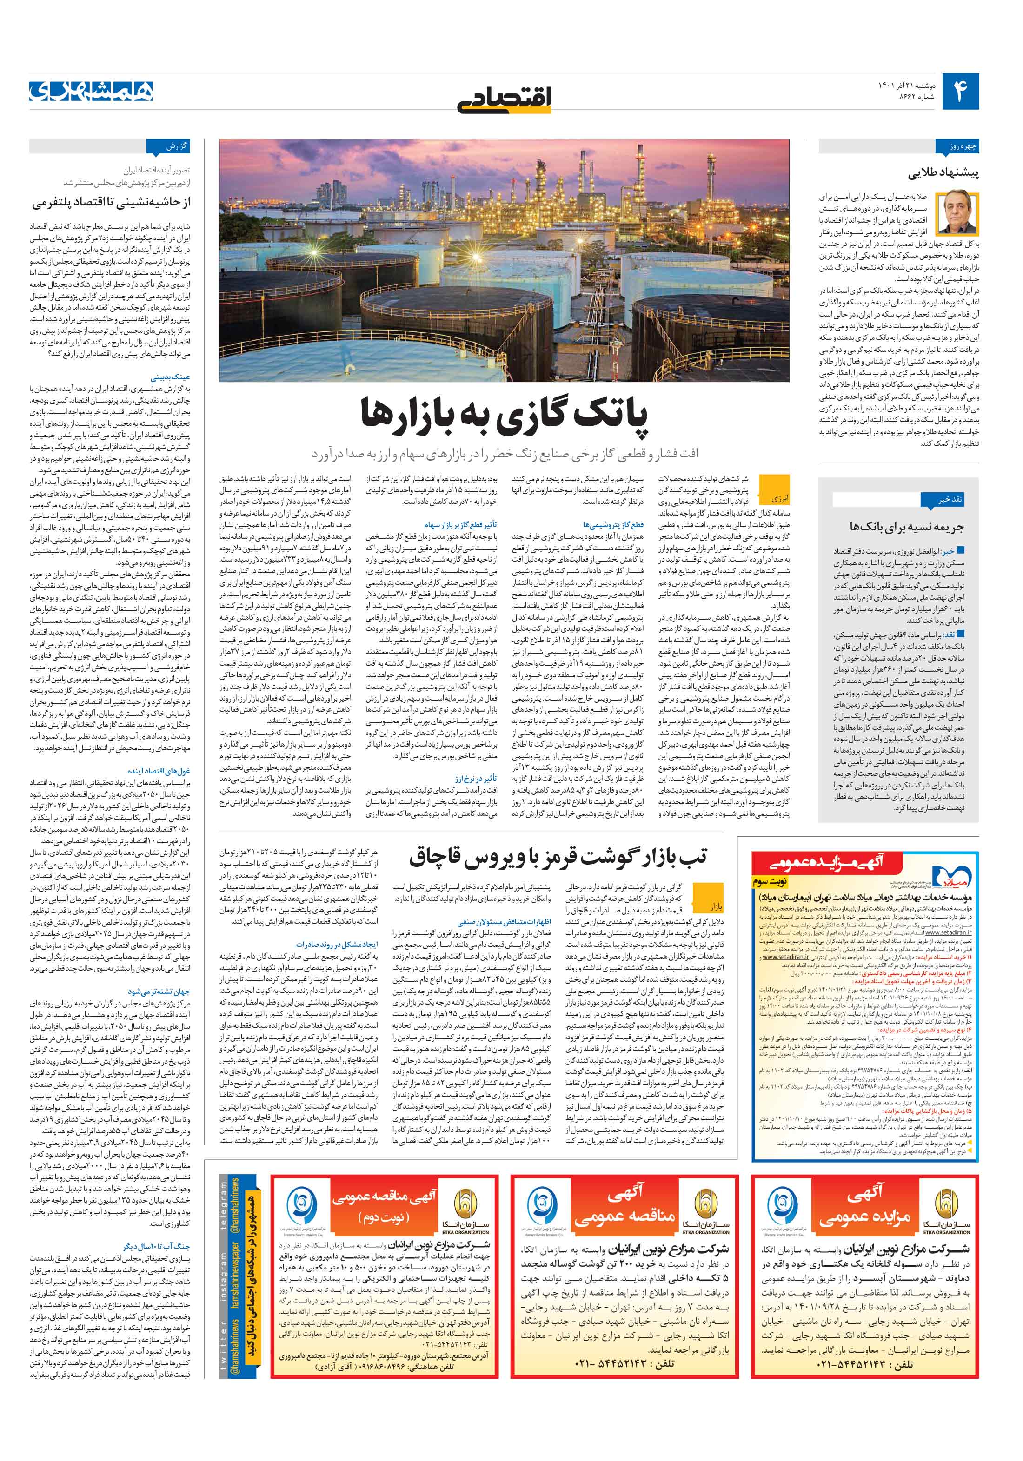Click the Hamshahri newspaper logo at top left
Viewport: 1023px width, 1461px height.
coord(91,91)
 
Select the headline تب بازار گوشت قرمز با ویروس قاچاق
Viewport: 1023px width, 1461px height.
coord(557,857)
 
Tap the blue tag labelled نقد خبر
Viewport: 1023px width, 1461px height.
coord(949,500)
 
